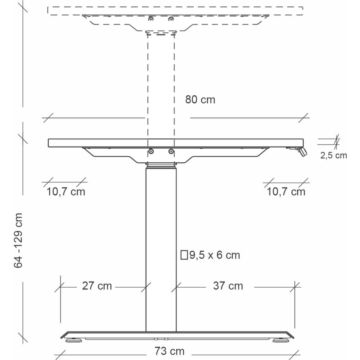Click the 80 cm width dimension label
click(x=200, y=100)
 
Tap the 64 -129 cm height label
click(x=18, y=240)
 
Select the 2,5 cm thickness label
click(x=334, y=156)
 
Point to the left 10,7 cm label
click(x=66, y=192)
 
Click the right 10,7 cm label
click(x=286, y=192)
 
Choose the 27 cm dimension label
click(x=97, y=286)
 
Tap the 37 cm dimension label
click(x=228, y=286)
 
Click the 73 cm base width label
click(x=170, y=351)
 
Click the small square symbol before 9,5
click(x=184, y=255)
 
